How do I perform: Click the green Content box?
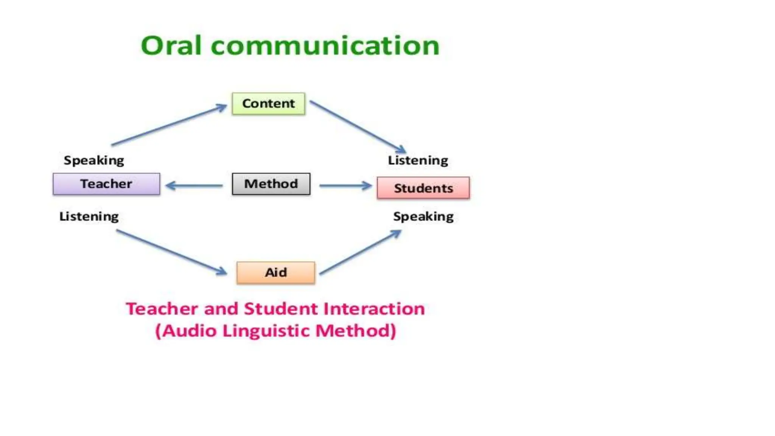(268, 104)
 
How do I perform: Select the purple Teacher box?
(106, 184)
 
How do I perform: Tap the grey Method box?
(271, 184)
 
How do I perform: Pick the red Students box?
(423, 188)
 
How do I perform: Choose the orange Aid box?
(275, 272)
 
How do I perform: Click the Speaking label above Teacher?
(94, 160)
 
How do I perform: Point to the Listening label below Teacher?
(89, 216)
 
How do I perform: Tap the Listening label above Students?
(418, 160)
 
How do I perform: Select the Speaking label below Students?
(423, 216)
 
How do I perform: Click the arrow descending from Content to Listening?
(358, 127)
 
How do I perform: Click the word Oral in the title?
(171, 46)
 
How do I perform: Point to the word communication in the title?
(325, 46)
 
